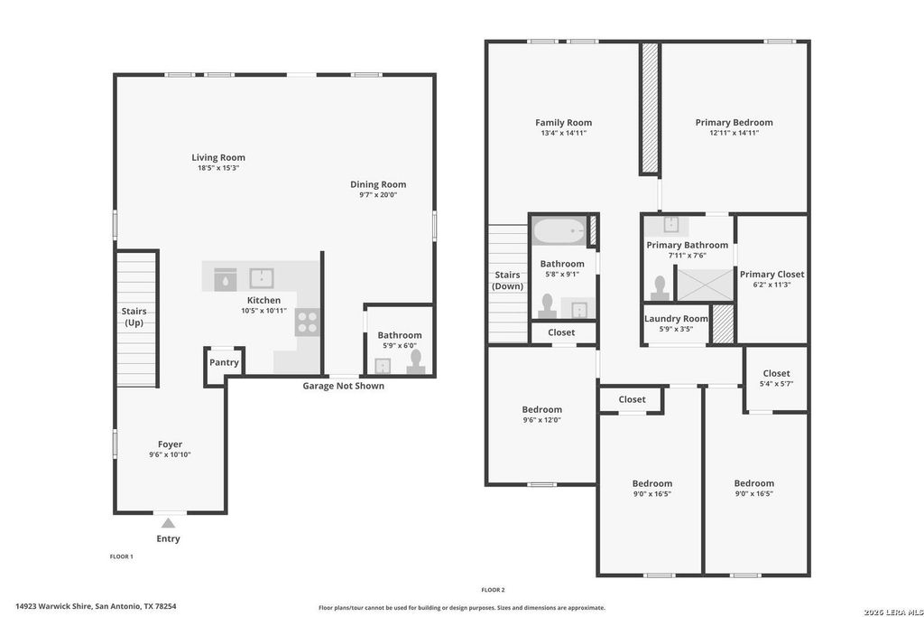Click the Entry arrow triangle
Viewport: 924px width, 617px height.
click(x=169, y=523)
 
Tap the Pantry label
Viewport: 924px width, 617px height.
click(x=224, y=362)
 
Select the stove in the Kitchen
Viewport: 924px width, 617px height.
click(x=307, y=323)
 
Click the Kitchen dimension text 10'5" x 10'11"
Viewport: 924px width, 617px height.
click(x=264, y=310)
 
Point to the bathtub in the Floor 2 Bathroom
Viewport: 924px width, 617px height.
click(x=559, y=230)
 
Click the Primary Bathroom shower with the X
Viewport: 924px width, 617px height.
click(x=704, y=285)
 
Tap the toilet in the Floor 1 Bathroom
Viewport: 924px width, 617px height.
click(x=415, y=362)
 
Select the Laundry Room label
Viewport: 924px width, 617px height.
click(x=676, y=319)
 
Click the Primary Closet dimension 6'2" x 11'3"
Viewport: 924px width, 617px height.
click(x=772, y=285)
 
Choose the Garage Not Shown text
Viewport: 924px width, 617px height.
click(x=344, y=386)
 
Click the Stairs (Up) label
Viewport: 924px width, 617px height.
click(x=134, y=317)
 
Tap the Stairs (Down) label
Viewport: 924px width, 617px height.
click(x=507, y=280)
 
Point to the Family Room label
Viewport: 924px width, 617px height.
click(x=563, y=122)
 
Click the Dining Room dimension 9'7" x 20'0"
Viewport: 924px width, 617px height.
click(x=378, y=194)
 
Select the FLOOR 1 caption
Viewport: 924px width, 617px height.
click(x=122, y=556)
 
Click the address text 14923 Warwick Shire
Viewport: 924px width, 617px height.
click(x=53, y=606)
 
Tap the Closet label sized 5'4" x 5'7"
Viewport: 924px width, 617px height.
click(x=776, y=373)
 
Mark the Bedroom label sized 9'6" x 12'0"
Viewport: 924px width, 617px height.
click(x=541, y=409)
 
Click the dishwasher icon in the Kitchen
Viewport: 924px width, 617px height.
click(x=225, y=280)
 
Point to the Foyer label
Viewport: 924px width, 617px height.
click(x=170, y=444)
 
